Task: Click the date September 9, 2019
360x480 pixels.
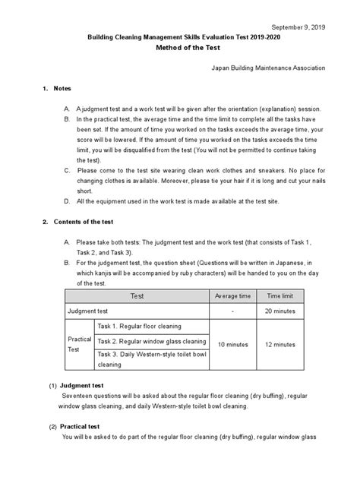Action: [x=297, y=24]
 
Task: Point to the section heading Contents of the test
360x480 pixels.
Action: [x=83, y=222]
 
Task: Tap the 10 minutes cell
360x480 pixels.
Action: [x=232, y=344]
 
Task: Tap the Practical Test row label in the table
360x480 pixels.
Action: [x=80, y=344]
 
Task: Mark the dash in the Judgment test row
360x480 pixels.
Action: [x=232, y=311]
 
